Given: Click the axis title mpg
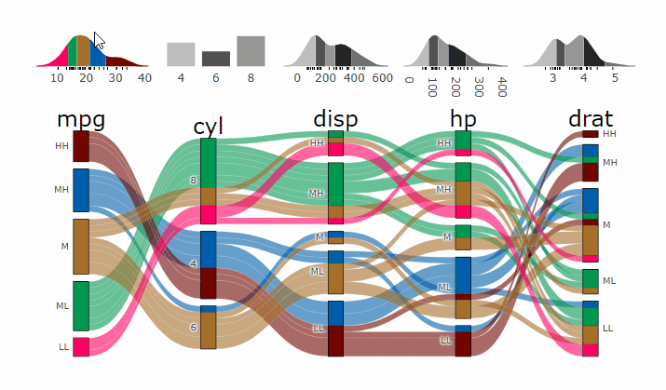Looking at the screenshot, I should point(80,119).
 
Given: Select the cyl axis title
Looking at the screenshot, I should point(209,127).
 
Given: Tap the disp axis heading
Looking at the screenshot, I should point(335,119).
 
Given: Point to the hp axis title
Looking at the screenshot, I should point(463,119).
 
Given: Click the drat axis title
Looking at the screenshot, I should point(591,119).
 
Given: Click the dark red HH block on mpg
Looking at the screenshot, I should point(81,146).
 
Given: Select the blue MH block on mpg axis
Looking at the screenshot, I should point(81,190).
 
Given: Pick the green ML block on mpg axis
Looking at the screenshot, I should point(81,305).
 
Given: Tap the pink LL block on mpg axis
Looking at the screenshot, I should point(81,346).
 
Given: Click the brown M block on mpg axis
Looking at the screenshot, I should point(81,246).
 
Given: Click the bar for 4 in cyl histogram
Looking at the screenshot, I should point(181,54).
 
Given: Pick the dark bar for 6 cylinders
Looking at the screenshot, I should point(216,59).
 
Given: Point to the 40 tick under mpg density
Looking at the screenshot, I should point(143,78).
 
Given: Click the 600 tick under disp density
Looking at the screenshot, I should point(382,78).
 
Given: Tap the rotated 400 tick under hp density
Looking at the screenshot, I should point(502,87).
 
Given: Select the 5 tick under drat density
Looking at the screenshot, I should point(615,78).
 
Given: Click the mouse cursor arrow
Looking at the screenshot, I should point(99,40).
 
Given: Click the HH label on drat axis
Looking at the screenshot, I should point(609,134).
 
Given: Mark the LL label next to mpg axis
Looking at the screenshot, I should point(63,346).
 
